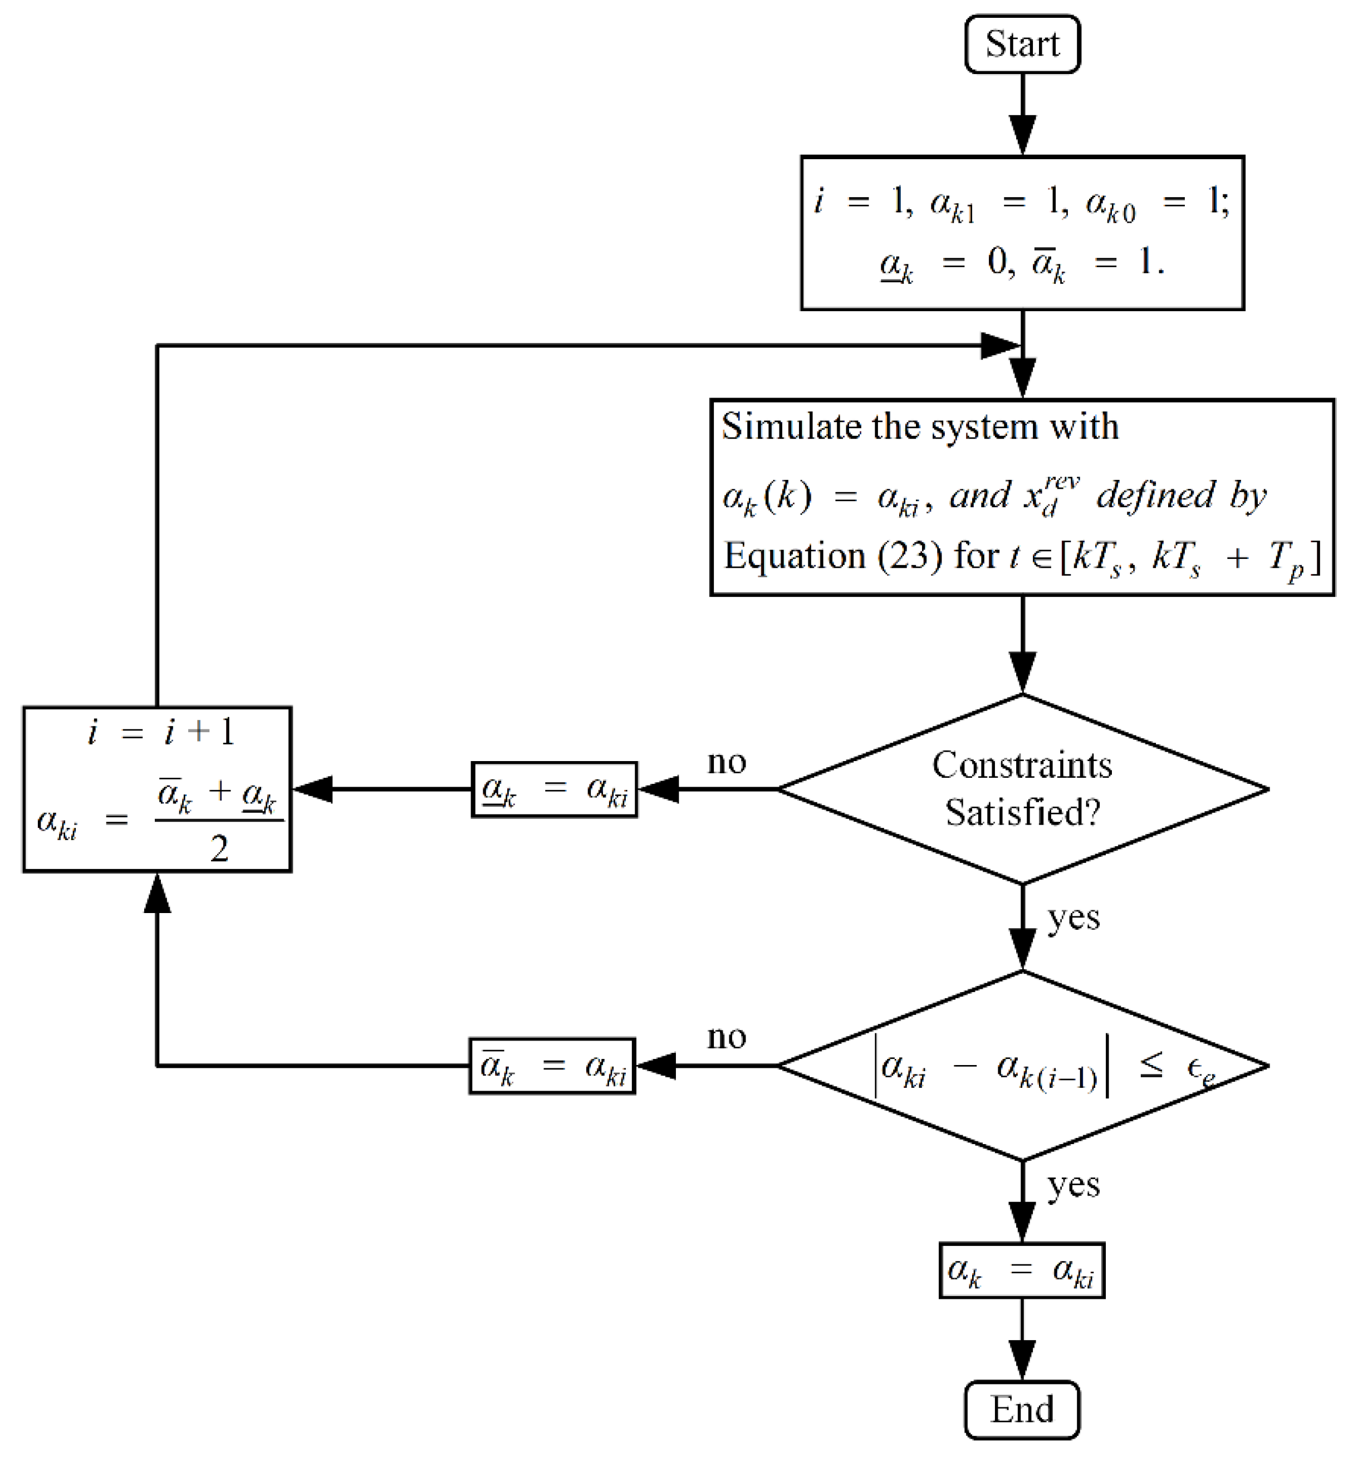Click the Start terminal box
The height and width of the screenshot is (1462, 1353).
point(1022,44)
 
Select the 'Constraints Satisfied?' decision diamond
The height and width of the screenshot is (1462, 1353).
point(1022,789)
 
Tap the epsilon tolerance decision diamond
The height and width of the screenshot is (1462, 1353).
point(1022,1066)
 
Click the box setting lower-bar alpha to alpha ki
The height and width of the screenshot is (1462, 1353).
point(554,789)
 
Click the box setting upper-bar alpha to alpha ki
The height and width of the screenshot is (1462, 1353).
point(552,1066)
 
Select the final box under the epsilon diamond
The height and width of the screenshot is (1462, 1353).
point(1022,1270)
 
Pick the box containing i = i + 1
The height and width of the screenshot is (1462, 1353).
point(158,789)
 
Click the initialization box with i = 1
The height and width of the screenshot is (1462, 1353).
point(1022,233)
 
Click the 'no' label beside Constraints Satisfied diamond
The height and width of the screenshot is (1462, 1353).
point(726,762)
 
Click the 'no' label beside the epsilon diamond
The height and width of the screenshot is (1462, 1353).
point(726,1037)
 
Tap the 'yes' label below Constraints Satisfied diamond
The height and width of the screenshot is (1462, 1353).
point(1073,918)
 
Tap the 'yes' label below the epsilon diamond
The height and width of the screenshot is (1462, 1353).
point(1073,1185)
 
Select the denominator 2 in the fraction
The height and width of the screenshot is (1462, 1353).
point(219,849)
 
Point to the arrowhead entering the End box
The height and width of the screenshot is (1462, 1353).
point(1022,1360)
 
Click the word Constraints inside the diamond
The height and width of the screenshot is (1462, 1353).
point(1022,766)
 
